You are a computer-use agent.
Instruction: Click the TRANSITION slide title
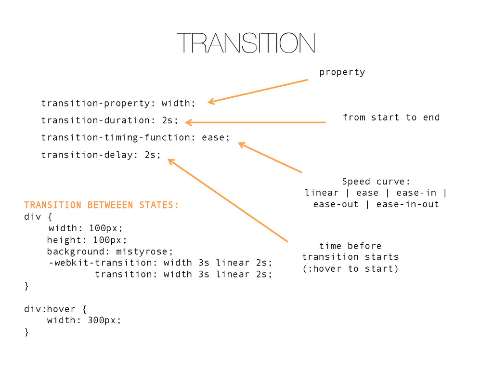tap(246, 43)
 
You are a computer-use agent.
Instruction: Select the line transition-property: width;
tap(118, 103)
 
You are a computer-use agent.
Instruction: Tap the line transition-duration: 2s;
tap(109, 120)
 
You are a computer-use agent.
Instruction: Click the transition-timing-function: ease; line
tap(135, 137)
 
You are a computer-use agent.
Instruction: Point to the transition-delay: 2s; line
tap(101, 155)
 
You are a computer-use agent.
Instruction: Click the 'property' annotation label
tap(342, 72)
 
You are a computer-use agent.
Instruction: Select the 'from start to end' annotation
tap(391, 118)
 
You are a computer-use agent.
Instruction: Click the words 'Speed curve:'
tap(376, 182)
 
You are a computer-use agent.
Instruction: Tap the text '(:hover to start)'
tap(350, 269)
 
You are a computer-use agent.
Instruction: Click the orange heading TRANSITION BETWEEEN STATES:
tap(101, 205)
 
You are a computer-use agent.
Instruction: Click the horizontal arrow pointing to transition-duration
tap(255, 122)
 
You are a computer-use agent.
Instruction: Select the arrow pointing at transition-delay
tap(227, 200)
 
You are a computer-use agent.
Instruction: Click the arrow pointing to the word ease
tap(270, 157)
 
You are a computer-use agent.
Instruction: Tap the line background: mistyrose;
tap(109, 251)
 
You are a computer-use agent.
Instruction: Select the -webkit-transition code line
tap(160, 263)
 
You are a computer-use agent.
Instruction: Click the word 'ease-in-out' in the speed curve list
tap(408, 204)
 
